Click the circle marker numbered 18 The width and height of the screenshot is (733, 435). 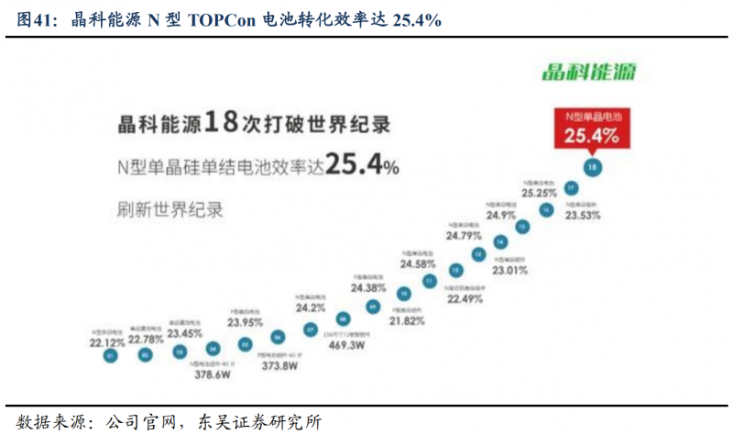point(593,167)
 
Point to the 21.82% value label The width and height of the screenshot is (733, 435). point(407,321)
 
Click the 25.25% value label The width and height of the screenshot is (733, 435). point(540,194)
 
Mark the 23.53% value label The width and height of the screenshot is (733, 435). point(584,217)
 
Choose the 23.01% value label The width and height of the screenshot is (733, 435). point(510,271)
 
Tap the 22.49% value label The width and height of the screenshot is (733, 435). point(465,297)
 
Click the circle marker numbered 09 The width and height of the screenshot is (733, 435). point(372,307)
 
